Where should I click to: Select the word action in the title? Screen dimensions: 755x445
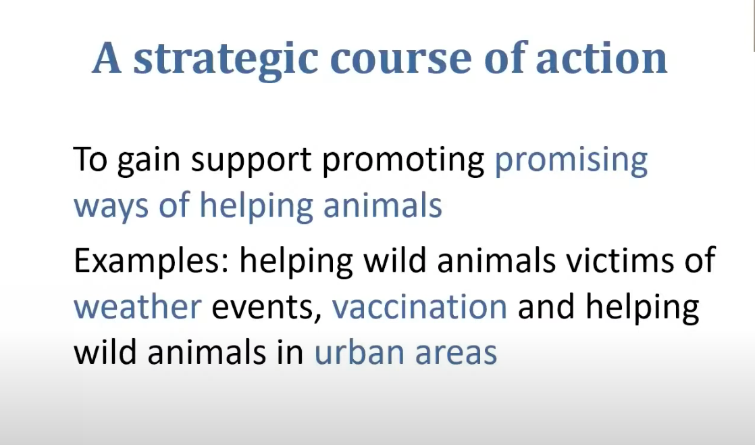pos(602,58)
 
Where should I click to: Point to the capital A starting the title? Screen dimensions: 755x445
pos(107,58)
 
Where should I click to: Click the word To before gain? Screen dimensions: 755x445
pos(90,159)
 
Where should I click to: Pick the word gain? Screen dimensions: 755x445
pos(149,162)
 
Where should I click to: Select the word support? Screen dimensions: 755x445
pos(251,162)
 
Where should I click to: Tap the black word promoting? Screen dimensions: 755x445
pos(404,162)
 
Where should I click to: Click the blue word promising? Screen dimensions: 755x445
pos(571,162)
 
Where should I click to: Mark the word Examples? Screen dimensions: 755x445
pos(151,261)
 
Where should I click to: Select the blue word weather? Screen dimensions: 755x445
pos(137,306)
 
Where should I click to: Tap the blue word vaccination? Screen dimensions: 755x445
pos(419,306)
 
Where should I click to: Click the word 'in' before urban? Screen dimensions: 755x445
pos(290,351)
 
